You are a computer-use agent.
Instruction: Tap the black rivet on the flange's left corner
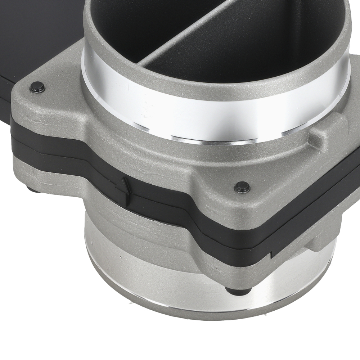(x=37, y=87)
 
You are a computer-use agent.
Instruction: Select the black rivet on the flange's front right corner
(x=242, y=187)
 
